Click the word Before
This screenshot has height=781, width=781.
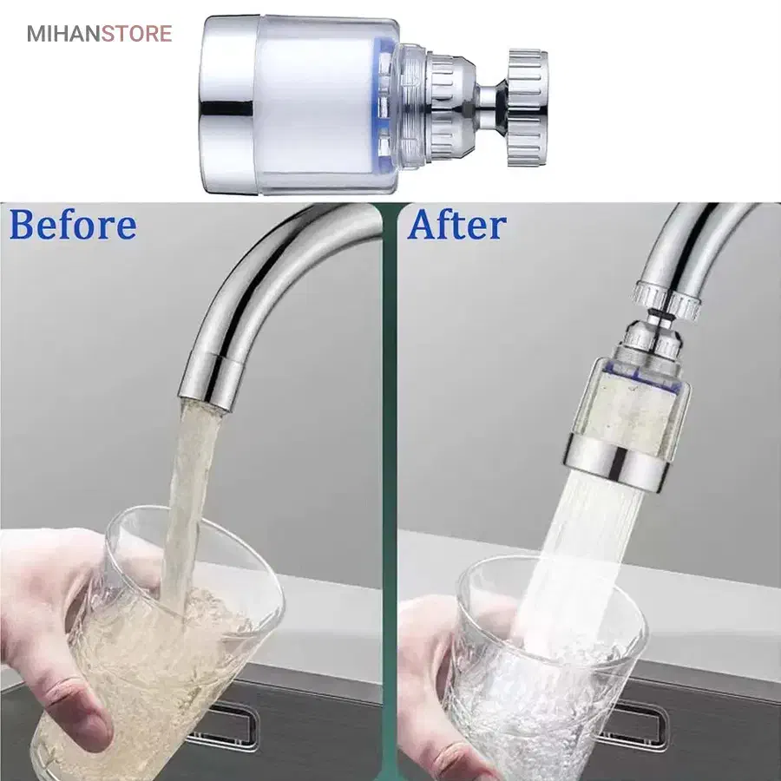[73, 226]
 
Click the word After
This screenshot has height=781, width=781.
[456, 225]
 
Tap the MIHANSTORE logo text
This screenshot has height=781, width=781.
[99, 34]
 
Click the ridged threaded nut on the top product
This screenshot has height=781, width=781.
[527, 108]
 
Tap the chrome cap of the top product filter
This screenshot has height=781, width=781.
[228, 105]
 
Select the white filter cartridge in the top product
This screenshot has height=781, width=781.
[316, 106]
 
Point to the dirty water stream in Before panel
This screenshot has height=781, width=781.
[189, 498]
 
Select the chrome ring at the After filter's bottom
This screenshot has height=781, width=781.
[618, 463]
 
